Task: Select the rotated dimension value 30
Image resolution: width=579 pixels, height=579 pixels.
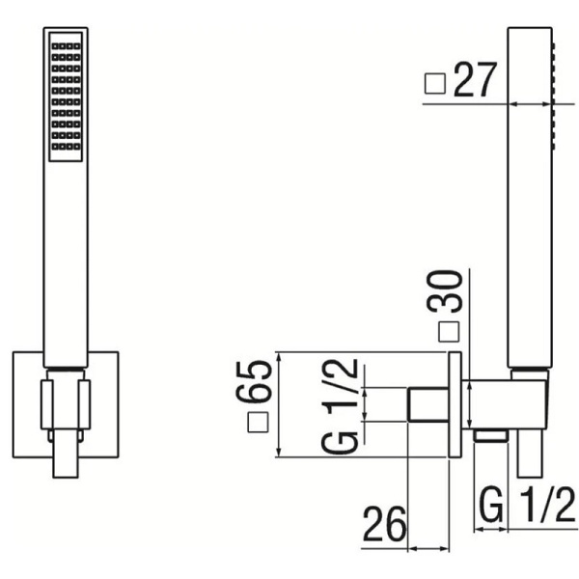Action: coord(450,293)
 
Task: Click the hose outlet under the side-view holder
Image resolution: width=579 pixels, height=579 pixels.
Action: coord(492,437)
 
